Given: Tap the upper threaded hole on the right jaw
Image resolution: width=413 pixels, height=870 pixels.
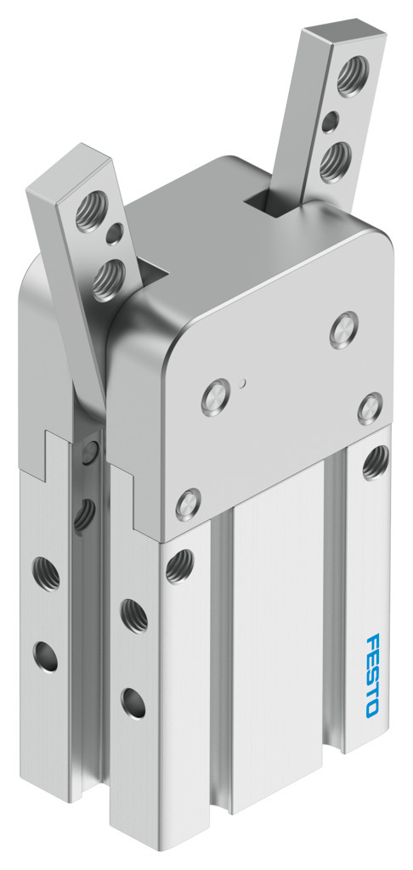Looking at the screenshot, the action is coord(352,75).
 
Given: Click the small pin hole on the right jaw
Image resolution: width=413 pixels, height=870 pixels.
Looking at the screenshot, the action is coord(330,121).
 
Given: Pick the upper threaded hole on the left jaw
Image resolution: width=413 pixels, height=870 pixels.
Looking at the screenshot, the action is coord(91,211).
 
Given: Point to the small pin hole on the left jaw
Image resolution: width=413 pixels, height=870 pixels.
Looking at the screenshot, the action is coord(115,234).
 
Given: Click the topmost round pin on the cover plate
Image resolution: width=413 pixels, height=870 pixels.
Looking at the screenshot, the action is coord(344,330).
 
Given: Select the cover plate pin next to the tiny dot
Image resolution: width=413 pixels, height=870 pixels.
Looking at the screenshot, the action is coord(215,397).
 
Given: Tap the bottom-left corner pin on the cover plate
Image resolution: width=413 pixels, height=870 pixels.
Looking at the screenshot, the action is coord(188,505).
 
